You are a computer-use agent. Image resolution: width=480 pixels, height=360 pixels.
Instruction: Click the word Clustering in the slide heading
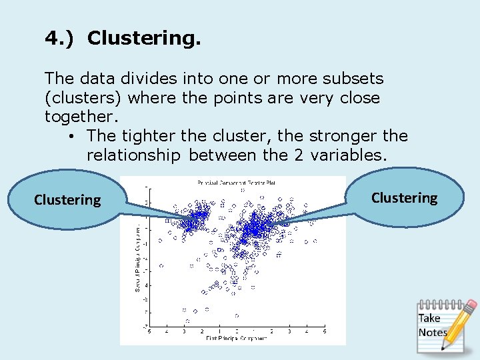point(143,39)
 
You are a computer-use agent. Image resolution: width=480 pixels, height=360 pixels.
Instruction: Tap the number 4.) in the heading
point(61,39)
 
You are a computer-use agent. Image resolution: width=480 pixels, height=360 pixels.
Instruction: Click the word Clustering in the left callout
point(67,200)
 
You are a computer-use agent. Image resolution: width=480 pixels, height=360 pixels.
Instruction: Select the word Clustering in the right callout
point(404,198)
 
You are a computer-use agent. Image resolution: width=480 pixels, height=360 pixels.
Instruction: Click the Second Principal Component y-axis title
point(138,257)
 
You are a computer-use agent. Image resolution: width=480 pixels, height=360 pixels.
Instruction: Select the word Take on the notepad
point(429,318)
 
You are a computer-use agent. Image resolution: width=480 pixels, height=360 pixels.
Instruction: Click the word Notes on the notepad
point(432,332)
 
